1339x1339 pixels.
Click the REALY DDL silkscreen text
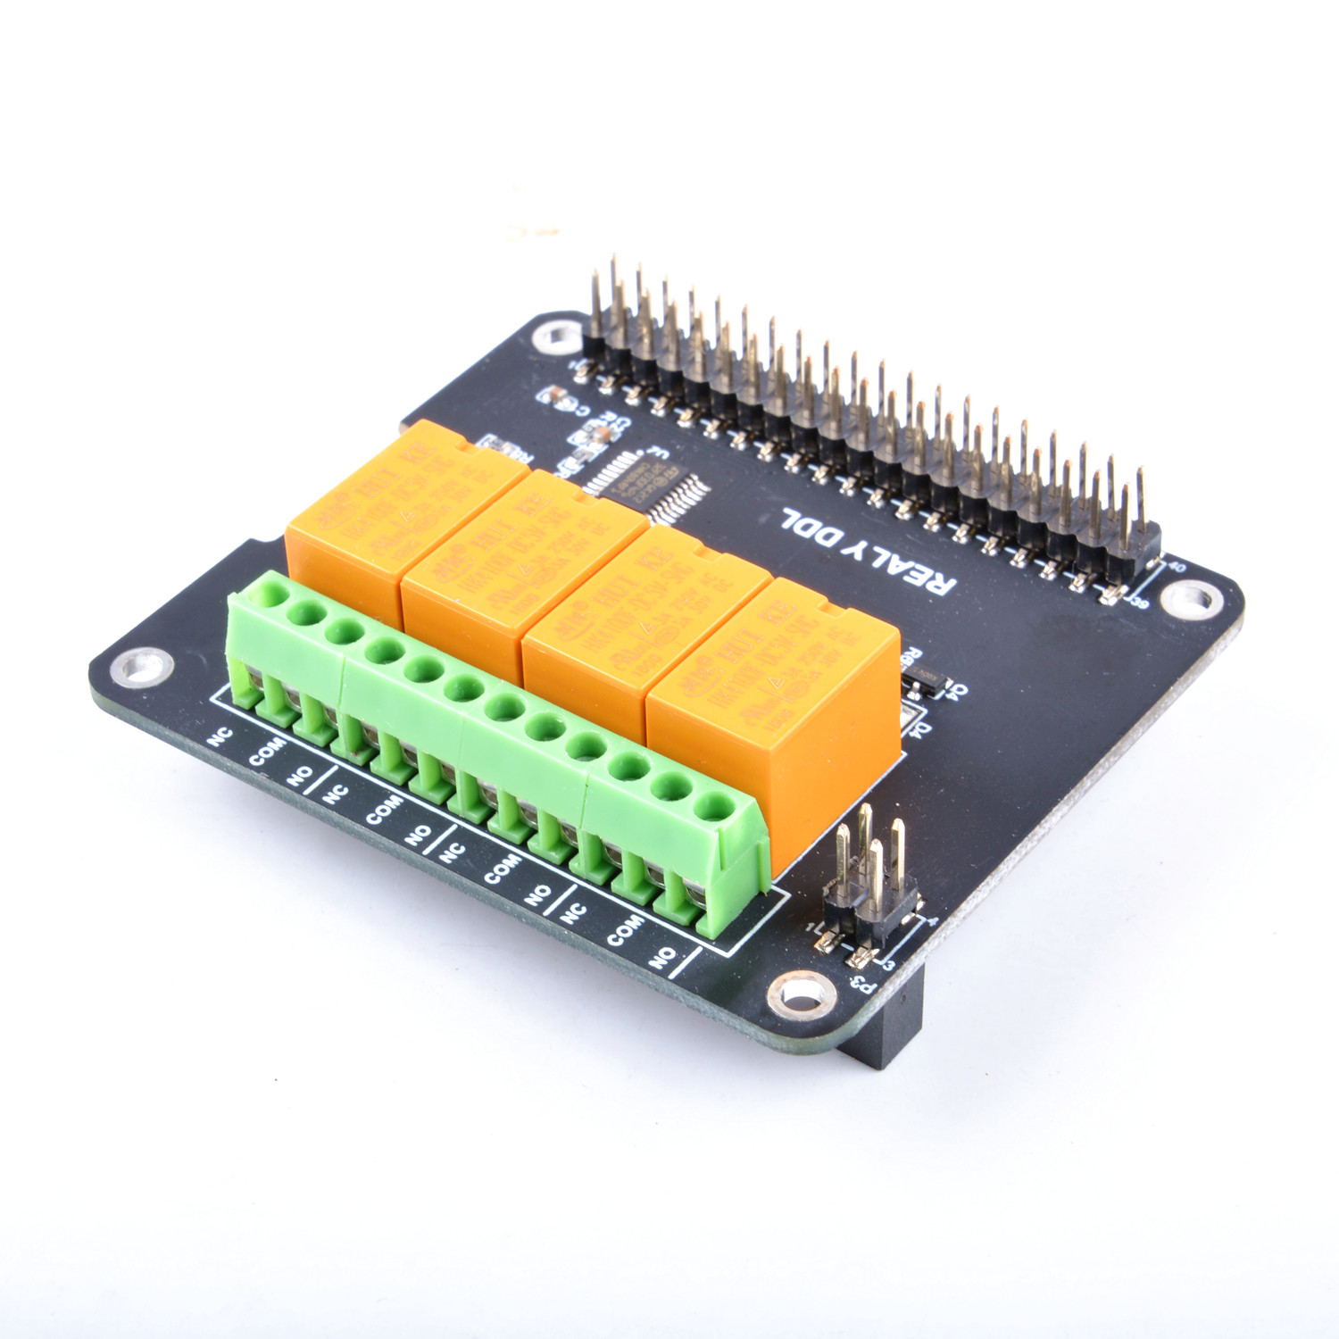tap(869, 551)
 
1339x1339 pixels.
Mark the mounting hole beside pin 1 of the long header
tap(551, 337)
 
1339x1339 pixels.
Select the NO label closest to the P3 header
tap(662, 960)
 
